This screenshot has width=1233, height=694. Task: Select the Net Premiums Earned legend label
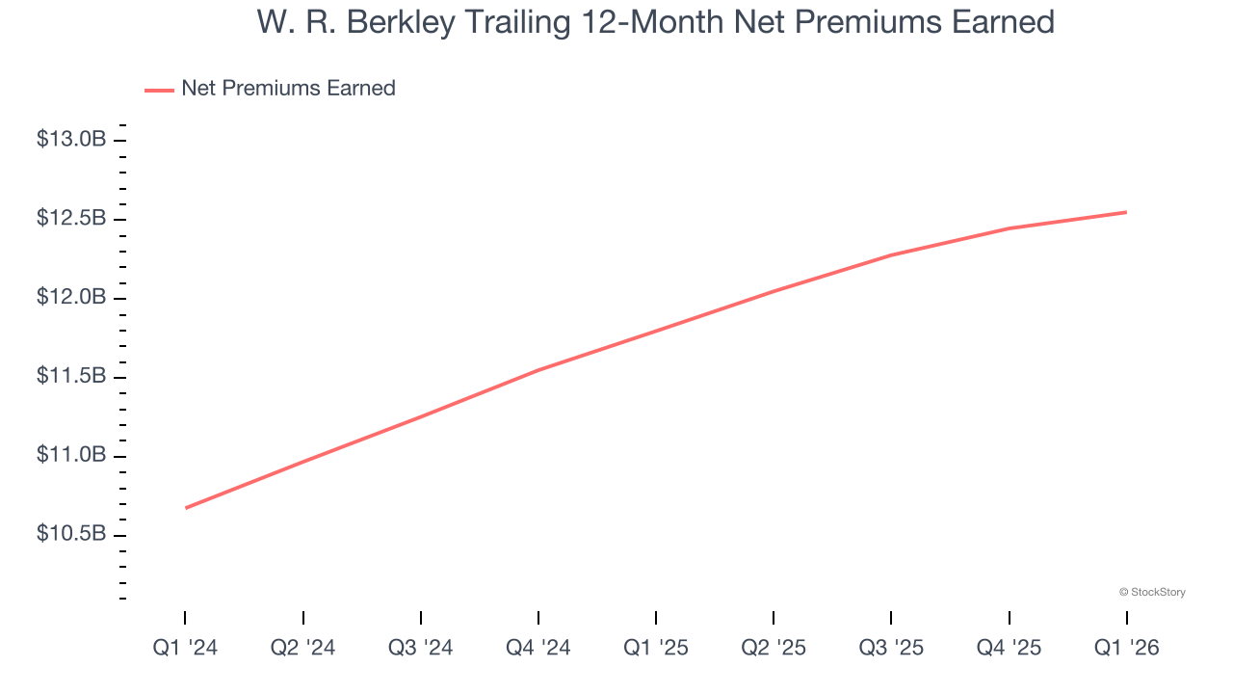tap(288, 89)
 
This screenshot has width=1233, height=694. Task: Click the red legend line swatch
tap(159, 90)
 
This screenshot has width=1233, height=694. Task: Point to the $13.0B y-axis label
tap(71, 140)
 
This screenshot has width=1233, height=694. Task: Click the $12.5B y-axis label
tap(71, 219)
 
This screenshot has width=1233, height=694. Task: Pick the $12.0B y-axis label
tap(71, 297)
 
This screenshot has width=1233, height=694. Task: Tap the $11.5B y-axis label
tap(71, 376)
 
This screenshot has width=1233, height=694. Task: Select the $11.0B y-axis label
tap(71, 455)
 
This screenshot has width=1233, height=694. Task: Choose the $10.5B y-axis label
tap(71, 533)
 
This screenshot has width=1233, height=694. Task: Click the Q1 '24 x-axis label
tap(185, 648)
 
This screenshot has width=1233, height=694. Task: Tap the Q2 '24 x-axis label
tap(302, 648)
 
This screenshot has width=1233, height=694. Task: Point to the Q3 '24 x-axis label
tap(420, 648)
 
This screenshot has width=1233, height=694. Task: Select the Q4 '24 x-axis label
tap(538, 648)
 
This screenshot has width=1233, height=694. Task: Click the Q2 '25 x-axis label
tap(774, 648)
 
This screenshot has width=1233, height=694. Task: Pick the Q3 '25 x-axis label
tap(891, 648)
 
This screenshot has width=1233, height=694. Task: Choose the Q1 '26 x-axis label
tap(1126, 648)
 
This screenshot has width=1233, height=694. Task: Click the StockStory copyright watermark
tap(1152, 592)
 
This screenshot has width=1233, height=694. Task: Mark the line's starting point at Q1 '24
tap(185, 508)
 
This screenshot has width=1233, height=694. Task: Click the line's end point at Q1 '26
tap(1126, 212)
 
